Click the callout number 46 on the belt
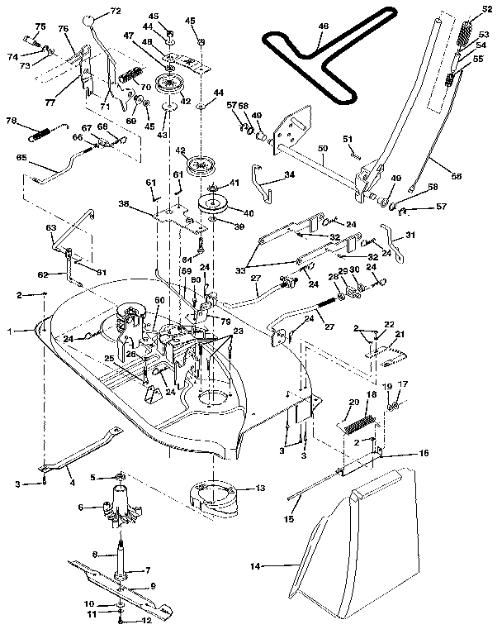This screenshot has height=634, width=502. tap(323, 26)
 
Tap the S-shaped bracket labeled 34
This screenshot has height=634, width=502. tap(262, 184)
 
